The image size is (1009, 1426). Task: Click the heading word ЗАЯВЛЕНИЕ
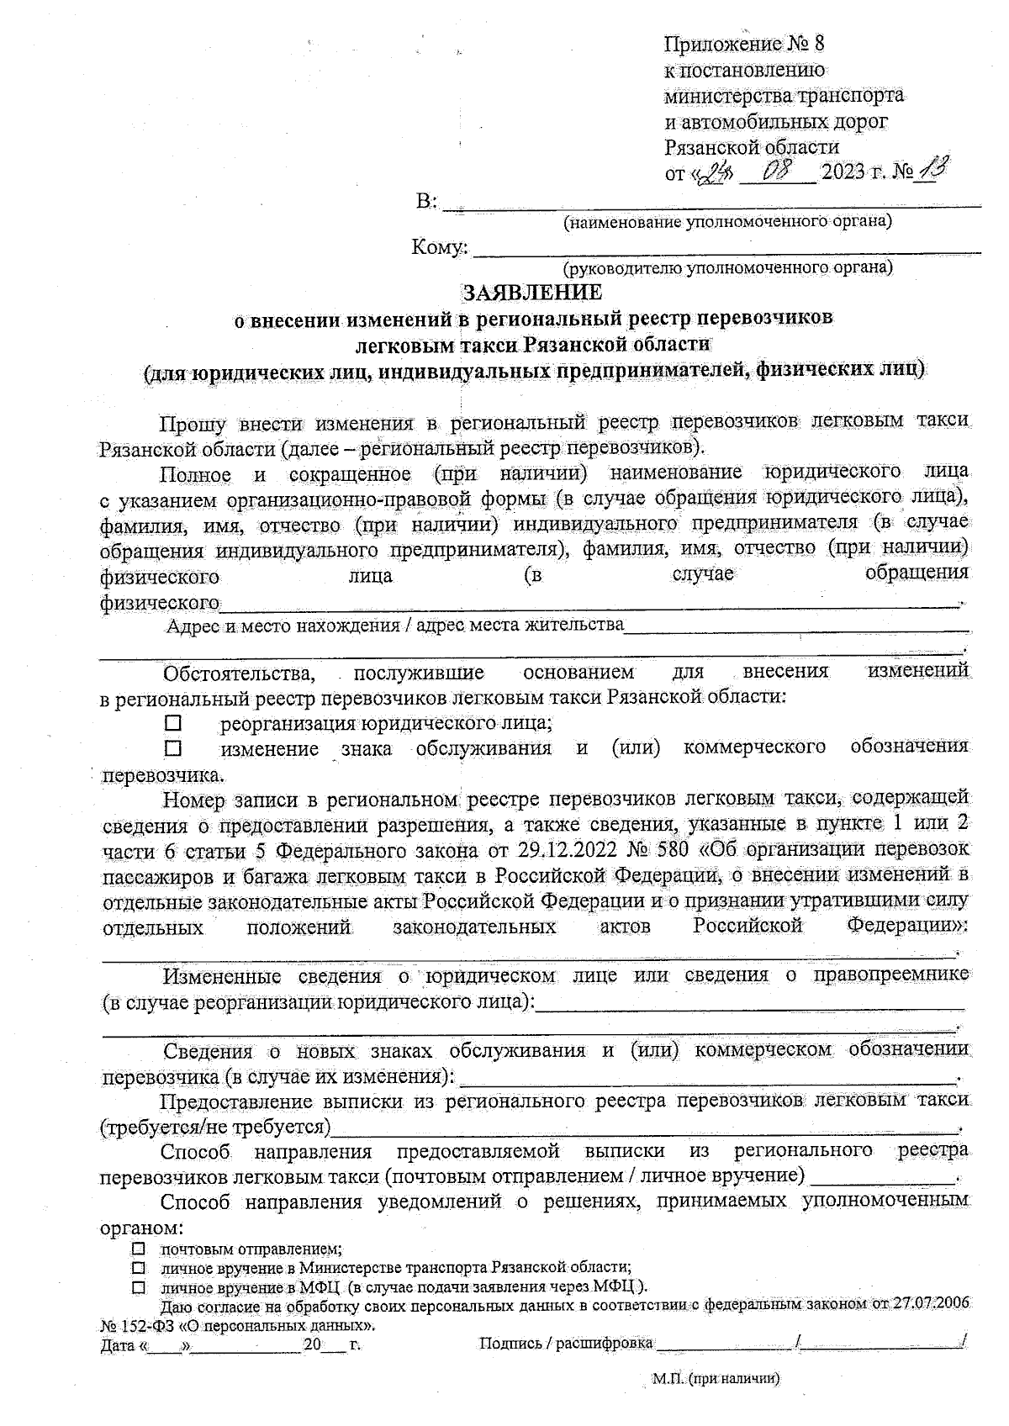coord(533,292)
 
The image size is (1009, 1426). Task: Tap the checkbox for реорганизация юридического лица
coord(173,722)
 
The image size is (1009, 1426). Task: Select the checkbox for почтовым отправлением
coord(140,1249)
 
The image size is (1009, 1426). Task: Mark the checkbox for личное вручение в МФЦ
coord(140,1288)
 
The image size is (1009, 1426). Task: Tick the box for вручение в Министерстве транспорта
coord(140,1268)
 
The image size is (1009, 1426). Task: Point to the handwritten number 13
coord(931,171)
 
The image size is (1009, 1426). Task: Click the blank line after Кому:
coord(727,250)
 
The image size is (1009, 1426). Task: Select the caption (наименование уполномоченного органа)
coord(727,223)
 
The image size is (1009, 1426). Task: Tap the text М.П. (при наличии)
coord(716,1379)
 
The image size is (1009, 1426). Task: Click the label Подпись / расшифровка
coord(566,1344)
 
